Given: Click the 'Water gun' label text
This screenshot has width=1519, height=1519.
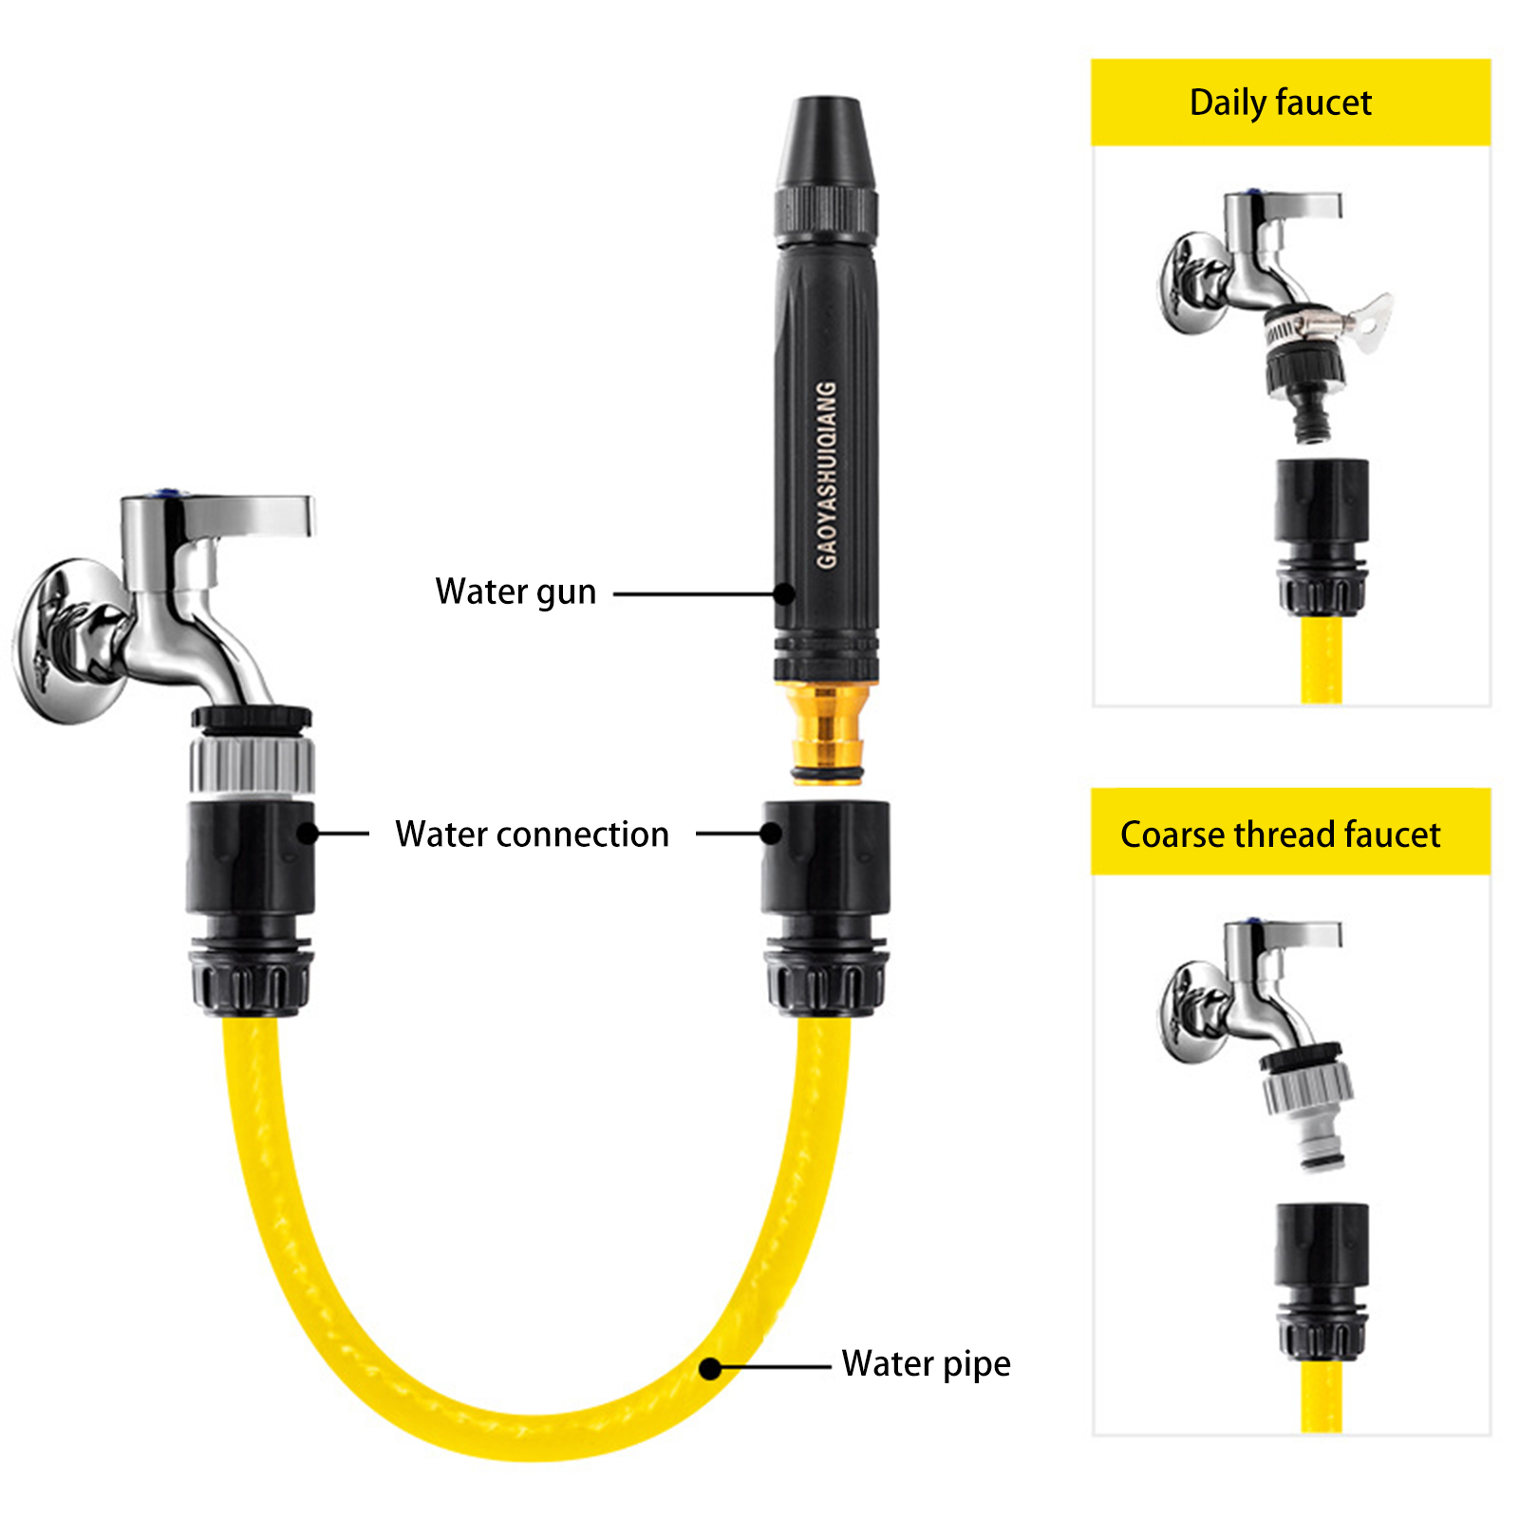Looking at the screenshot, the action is (x=516, y=592).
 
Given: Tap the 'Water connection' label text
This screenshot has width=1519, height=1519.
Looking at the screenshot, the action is (x=532, y=835).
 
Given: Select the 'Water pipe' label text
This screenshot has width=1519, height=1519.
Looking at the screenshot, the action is (x=926, y=1364).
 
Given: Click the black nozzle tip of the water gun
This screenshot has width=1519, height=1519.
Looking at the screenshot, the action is (x=826, y=141).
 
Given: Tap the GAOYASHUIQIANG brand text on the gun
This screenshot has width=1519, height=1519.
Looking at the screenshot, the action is (x=827, y=475).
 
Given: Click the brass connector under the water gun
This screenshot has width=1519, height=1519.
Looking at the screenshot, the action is (x=827, y=731).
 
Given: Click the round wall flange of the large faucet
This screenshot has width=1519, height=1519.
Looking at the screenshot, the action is (x=71, y=641).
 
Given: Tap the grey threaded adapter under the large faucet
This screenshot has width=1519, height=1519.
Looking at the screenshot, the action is (x=252, y=764).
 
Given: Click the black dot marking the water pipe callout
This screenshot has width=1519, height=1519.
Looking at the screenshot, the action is (x=710, y=1368).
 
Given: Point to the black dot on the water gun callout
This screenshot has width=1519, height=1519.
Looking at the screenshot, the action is (x=784, y=594).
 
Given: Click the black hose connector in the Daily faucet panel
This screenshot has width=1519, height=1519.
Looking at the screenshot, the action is (x=1322, y=536).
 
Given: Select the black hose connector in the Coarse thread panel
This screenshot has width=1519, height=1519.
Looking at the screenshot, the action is (x=1322, y=1282).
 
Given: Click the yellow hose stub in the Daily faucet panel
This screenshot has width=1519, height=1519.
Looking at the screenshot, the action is (x=1322, y=659).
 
